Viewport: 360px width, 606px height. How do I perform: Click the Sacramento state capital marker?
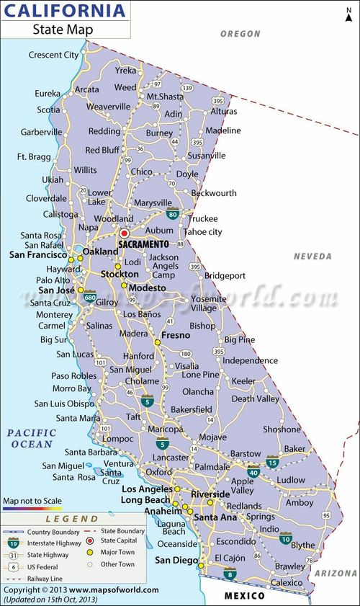(124, 233)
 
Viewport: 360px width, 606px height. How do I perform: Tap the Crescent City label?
(53, 55)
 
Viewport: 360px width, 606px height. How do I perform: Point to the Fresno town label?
(175, 335)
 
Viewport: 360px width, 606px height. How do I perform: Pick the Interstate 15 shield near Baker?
(272, 461)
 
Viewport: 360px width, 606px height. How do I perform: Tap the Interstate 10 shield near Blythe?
(286, 538)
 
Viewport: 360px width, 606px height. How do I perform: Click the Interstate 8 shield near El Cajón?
(230, 574)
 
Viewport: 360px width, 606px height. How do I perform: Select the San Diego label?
(176, 561)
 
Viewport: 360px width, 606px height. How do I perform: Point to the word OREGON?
(240, 34)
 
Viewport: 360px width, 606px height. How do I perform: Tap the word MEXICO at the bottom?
(244, 596)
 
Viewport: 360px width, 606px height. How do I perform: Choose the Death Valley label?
(255, 398)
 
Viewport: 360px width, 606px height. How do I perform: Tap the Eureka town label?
(48, 93)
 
